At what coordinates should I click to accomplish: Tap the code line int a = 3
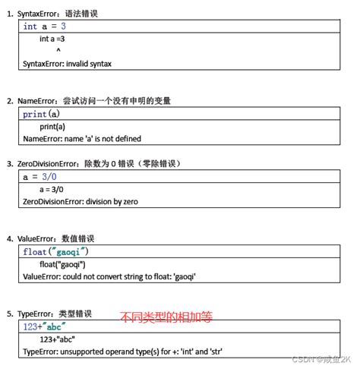(45, 26)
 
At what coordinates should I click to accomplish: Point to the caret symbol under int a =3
(58, 51)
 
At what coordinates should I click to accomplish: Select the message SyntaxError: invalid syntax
(68, 64)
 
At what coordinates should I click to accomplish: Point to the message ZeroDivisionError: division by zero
(81, 201)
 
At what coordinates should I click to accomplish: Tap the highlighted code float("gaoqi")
(55, 251)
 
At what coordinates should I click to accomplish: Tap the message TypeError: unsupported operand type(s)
(115, 352)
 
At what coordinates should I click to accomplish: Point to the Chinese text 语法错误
(82, 14)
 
